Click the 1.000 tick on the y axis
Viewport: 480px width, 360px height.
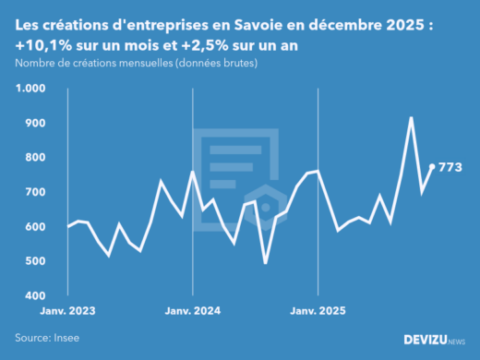30,89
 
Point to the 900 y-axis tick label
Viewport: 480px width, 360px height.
34,123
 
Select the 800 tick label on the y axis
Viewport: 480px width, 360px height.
34,158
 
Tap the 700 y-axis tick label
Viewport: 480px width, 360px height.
34,192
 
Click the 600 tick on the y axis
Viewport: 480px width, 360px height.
34,227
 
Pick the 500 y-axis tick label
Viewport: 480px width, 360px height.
34,261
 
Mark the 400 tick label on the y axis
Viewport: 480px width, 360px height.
34,296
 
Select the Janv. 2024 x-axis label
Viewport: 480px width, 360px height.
192,312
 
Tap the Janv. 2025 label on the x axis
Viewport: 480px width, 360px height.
318,312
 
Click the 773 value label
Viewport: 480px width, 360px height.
450,167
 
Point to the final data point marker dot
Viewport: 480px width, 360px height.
432,167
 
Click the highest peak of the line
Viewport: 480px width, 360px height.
411,118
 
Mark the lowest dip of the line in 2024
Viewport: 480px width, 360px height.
266,263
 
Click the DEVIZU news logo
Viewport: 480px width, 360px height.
434,340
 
